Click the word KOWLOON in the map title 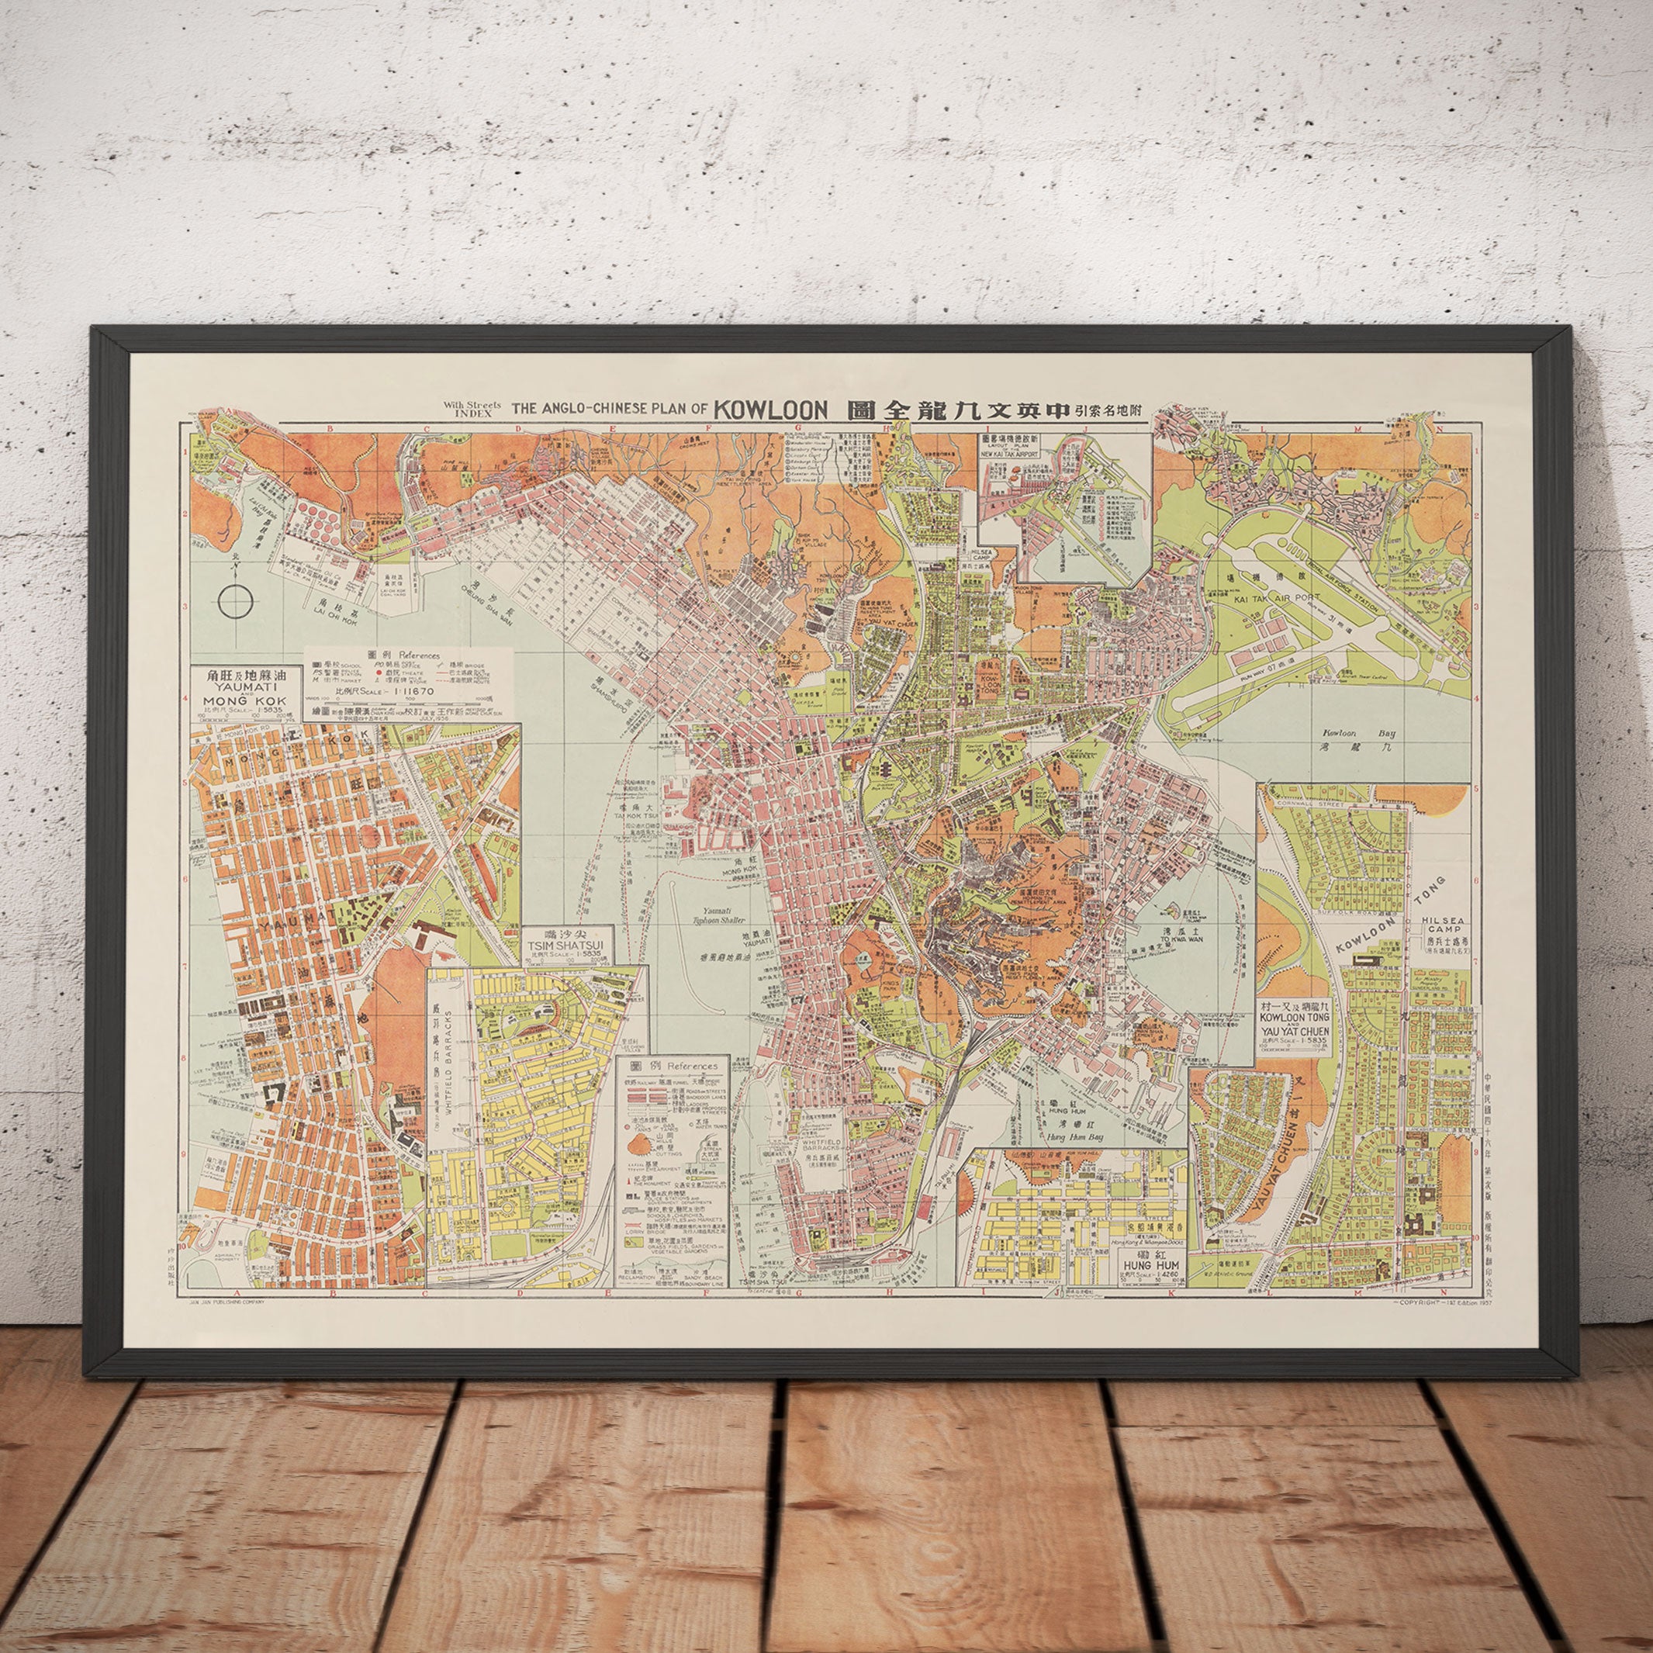(772, 409)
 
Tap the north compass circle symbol (235, 600)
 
